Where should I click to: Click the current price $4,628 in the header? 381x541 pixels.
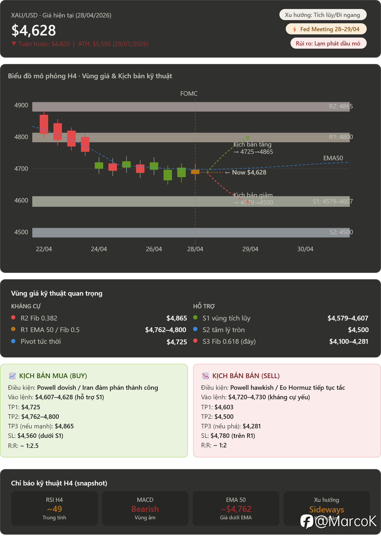(x=34, y=30)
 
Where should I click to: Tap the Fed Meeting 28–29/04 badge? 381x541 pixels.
(x=326, y=29)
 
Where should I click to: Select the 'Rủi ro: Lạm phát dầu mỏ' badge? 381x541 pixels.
(x=328, y=43)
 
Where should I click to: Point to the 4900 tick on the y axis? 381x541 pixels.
(x=21, y=105)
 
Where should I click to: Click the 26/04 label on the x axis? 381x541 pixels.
(x=154, y=249)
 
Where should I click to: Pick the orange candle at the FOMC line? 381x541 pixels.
(x=195, y=172)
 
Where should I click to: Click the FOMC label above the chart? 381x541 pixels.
(x=189, y=94)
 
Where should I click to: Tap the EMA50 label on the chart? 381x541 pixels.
(x=333, y=158)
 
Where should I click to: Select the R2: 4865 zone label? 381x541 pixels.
(x=341, y=106)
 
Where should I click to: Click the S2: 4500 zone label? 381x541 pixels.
(x=341, y=232)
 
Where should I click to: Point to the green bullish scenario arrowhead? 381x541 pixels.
(x=247, y=137)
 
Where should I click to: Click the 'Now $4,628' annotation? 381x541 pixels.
(x=249, y=172)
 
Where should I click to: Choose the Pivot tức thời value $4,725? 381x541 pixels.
(x=177, y=342)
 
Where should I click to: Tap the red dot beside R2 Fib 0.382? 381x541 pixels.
(x=13, y=318)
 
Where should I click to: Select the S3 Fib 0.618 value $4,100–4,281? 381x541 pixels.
(x=348, y=342)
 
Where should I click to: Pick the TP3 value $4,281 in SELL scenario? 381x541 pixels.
(x=252, y=426)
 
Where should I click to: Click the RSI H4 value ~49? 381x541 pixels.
(x=55, y=509)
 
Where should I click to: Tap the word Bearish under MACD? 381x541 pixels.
(x=145, y=509)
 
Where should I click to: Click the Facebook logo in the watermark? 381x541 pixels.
(x=307, y=521)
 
